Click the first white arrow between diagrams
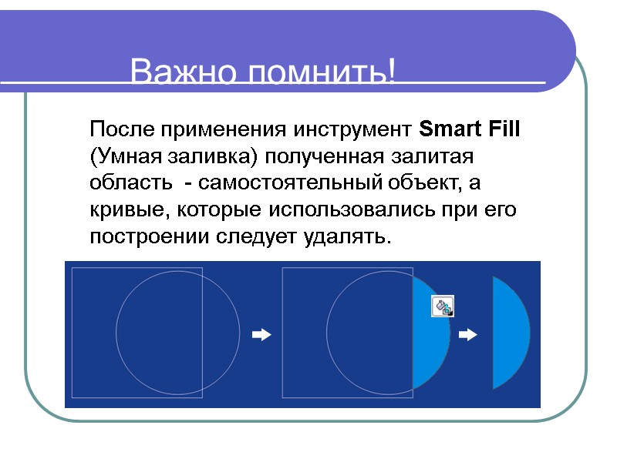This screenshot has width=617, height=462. (x=262, y=335)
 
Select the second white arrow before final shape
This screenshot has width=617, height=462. (x=468, y=335)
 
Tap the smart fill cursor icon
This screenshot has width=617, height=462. (x=443, y=306)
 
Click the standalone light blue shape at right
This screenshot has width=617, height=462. (x=510, y=333)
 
